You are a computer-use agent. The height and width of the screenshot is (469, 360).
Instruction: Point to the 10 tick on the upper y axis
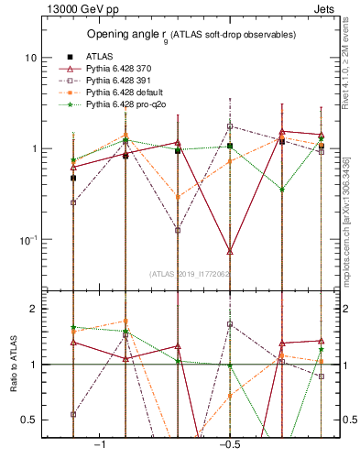point(30,58)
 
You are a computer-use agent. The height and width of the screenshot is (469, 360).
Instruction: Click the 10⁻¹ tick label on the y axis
point(27,240)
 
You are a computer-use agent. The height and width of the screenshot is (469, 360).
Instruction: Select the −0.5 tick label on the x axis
point(228,443)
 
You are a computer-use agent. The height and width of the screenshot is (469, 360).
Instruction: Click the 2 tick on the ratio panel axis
point(33,309)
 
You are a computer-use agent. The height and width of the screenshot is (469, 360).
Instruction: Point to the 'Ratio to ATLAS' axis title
point(12,364)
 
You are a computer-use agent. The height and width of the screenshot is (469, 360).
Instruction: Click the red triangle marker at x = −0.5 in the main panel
point(230,250)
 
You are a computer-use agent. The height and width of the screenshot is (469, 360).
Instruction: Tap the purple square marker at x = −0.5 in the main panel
point(230,126)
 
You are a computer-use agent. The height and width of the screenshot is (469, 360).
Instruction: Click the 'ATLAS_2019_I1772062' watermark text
point(190,274)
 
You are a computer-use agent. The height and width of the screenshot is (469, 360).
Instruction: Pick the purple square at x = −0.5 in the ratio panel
point(230,324)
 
